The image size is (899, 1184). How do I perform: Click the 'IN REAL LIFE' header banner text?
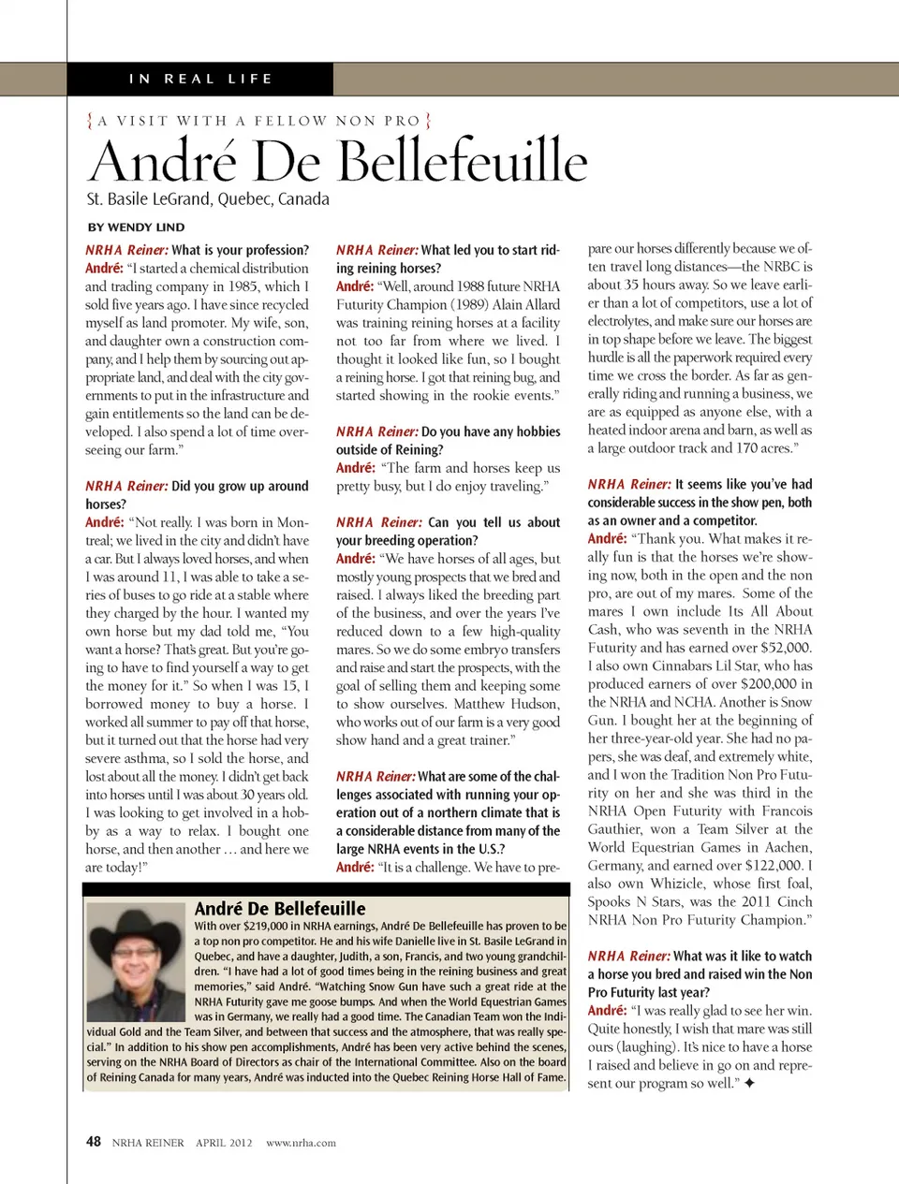(200, 79)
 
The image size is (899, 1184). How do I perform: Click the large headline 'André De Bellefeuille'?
(338, 160)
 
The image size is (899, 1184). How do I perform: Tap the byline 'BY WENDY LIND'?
(137, 227)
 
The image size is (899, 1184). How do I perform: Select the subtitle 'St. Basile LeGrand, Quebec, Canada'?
(208, 198)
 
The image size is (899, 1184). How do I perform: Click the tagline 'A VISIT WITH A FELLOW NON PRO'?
(258, 121)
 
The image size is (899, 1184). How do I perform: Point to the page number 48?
(94, 1141)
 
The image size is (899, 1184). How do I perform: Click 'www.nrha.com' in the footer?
(301, 1143)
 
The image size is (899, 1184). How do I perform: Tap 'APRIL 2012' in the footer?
(224, 1143)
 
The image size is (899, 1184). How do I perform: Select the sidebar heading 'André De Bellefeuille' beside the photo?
(280, 908)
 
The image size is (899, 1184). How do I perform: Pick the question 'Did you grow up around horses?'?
(197, 494)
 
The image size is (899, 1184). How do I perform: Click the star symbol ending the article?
(749, 1083)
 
